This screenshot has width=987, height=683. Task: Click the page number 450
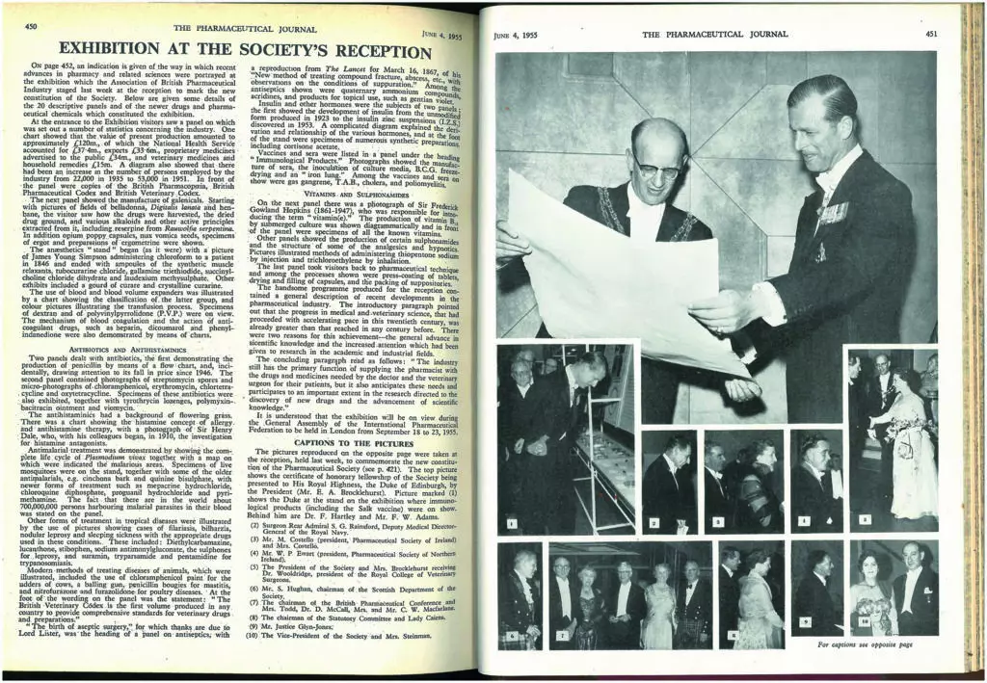32,26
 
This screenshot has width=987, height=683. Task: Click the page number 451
930,35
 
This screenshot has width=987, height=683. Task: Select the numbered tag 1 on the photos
512,523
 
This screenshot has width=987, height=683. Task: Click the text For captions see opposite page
864,644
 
